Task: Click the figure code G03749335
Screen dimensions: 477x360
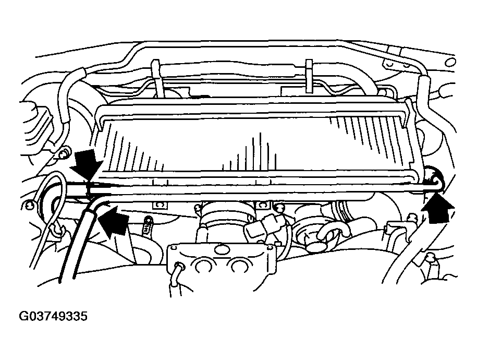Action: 54,316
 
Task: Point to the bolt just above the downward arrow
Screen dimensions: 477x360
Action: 64,154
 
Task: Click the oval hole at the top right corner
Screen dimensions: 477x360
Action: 450,63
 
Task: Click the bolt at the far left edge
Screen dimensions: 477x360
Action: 29,206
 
